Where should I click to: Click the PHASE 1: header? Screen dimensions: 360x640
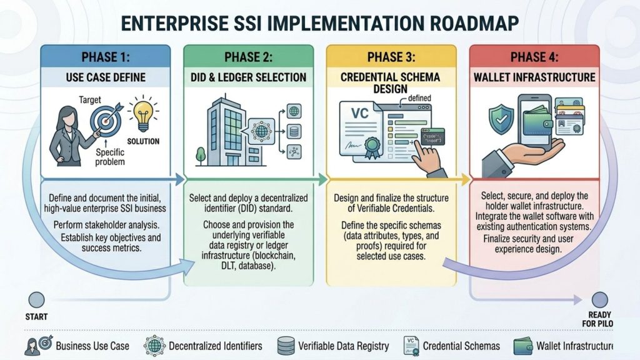point(105,57)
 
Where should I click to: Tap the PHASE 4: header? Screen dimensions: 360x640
point(534,57)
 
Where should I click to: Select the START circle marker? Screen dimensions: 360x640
point(37,300)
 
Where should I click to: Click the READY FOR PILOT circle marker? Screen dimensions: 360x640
point(599,300)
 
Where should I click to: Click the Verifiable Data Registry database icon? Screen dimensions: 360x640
point(286,346)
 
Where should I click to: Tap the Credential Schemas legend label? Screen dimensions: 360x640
point(461,346)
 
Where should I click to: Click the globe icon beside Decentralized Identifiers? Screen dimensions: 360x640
point(153,346)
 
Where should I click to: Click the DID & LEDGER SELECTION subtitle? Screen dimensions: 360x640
point(248,77)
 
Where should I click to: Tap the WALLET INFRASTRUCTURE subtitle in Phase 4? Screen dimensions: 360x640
point(534,77)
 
